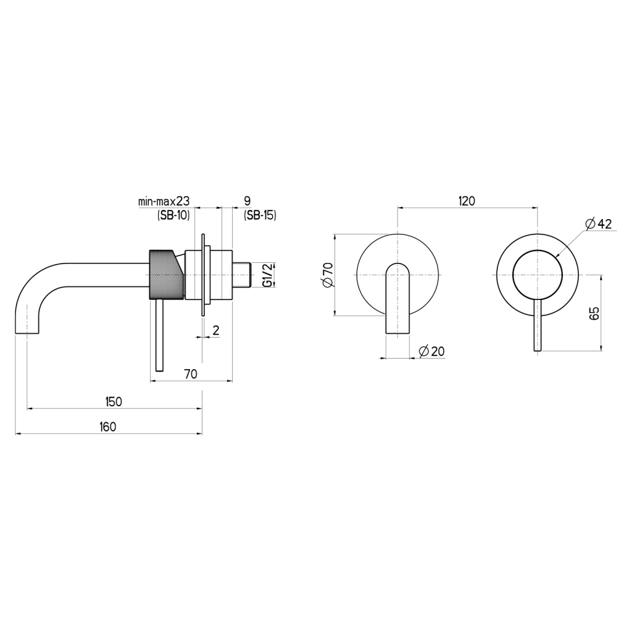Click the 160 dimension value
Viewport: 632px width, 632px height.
pyautogui.click(x=107, y=426)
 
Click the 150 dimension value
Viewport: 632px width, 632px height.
pyautogui.click(x=114, y=402)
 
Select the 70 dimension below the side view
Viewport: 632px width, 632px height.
pyautogui.click(x=190, y=373)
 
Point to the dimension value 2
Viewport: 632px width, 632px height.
pyautogui.click(x=215, y=330)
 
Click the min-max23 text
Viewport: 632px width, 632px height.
pyautogui.click(x=164, y=201)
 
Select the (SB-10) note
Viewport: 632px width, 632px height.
pyautogui.click(x=173, y=215)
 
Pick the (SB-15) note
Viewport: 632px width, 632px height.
pyautogui.click(x=260, y=215)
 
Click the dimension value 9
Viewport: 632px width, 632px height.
pyautogui.click(x=247, y=201)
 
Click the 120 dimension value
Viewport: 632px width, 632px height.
pyautogui.click(x=467, y=201)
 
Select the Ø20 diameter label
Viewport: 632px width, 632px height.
pyautogui.click(x=431, y=351)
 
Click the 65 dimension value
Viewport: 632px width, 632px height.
pyautogui.click(x=594, y=313)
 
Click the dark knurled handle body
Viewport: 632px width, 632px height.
pyautogui.click(x=166, y=274)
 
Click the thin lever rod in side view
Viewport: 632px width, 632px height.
pyautogui.click(x=160, y=336)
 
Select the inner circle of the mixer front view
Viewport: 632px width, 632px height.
pyautogui.click(x=538, y=275)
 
